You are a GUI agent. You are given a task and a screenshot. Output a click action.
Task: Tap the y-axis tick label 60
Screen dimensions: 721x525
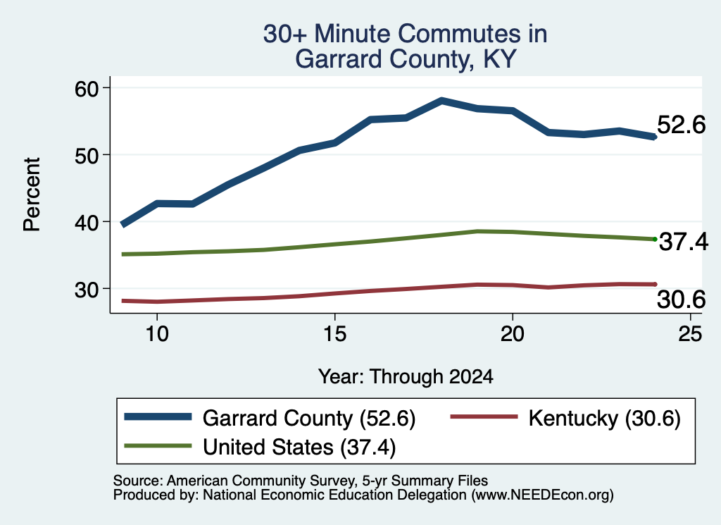coord(87,88)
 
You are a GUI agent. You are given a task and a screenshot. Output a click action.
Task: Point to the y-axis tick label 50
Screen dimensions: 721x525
coord(87,156)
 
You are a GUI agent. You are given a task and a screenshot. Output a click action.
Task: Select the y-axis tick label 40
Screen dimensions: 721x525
coord(87,222)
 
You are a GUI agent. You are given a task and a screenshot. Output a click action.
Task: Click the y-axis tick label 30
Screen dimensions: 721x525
coord(87,290)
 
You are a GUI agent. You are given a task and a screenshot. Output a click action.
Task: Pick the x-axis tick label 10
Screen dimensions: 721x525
coord(157,333)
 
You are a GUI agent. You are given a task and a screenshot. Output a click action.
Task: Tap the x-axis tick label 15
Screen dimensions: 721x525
coord(334,333)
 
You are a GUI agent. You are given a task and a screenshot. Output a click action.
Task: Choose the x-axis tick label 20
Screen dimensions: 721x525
coord(513,333)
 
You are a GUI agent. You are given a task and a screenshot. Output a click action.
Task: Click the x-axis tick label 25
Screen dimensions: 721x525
coord(690,333)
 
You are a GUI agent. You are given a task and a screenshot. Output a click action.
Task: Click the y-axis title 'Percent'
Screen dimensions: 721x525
coord(32,194)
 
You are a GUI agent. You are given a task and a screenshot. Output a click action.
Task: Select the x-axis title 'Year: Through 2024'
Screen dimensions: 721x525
coord(406,376)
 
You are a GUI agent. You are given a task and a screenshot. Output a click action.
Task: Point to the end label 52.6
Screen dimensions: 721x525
coord(681,125)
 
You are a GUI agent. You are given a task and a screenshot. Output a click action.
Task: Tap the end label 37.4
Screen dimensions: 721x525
coord(684,242)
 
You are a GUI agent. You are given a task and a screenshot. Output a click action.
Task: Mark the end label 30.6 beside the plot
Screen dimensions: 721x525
coord(681,299)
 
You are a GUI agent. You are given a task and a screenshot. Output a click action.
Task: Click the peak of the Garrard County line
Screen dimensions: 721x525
coord(441,100)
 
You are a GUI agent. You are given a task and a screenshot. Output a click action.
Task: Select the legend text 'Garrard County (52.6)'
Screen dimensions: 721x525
coord(309,419)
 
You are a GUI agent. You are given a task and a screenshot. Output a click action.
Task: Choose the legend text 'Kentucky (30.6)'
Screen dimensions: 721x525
coord(605,419)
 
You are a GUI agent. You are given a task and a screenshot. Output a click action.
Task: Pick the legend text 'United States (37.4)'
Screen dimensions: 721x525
coord(299,447)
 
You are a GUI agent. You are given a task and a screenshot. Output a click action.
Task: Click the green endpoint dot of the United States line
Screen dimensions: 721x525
coord(655,240)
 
